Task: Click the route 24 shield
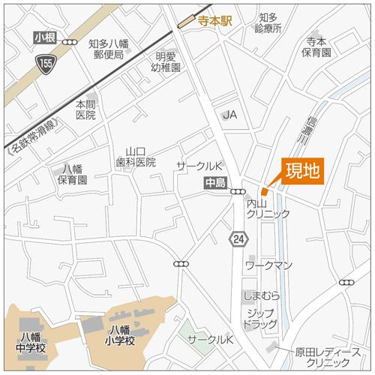238,238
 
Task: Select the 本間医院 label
85,109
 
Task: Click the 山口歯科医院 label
135,156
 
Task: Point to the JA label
230,114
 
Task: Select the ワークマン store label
268,266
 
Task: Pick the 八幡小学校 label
120,335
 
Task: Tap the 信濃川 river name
310,129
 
